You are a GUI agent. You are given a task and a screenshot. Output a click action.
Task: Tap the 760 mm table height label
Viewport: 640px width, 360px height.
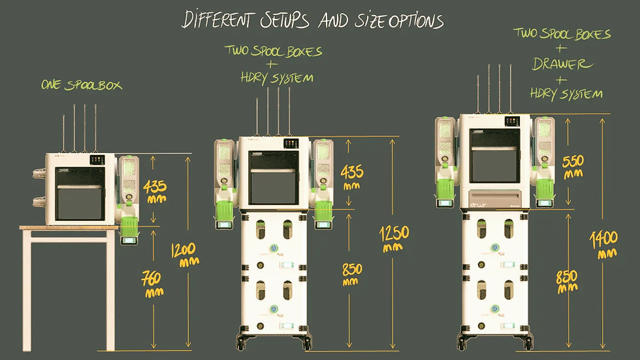coord(152,284)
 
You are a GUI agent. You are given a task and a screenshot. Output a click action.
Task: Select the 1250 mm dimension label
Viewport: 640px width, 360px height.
coord(393,238)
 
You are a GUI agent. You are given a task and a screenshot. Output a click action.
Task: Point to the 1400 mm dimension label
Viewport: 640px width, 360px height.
coord(604,244)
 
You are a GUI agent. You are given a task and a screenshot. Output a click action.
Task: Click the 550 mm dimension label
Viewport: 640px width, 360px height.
coord(573,167)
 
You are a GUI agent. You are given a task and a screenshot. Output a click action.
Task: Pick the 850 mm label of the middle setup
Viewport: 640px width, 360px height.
coord(351,274)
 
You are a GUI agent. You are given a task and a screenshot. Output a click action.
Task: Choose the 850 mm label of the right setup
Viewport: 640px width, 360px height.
coord(567,282)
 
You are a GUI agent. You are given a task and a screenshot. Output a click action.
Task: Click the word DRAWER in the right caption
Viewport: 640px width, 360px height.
coord(562,63)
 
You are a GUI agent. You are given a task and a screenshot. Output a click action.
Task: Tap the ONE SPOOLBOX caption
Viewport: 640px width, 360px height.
coord(82,85)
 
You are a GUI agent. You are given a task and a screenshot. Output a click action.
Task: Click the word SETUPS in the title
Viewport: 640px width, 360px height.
coord(285,20)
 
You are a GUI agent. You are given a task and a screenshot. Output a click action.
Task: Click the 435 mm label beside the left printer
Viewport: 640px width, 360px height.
coord(155,191)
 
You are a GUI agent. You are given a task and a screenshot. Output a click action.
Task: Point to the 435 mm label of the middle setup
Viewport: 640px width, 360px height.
coord(352,177)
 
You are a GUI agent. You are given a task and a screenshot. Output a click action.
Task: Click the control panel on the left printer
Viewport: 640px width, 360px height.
coord(97,159)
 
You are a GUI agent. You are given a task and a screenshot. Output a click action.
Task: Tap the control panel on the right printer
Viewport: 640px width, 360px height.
coord(512,122)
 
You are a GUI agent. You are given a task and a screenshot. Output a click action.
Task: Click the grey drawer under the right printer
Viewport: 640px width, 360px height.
coord(496,199)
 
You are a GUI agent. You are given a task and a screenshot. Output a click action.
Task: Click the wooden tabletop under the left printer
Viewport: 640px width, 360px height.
coord(69,227)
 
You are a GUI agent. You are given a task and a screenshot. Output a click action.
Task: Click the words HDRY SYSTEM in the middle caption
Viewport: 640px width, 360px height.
coord(277,78)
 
